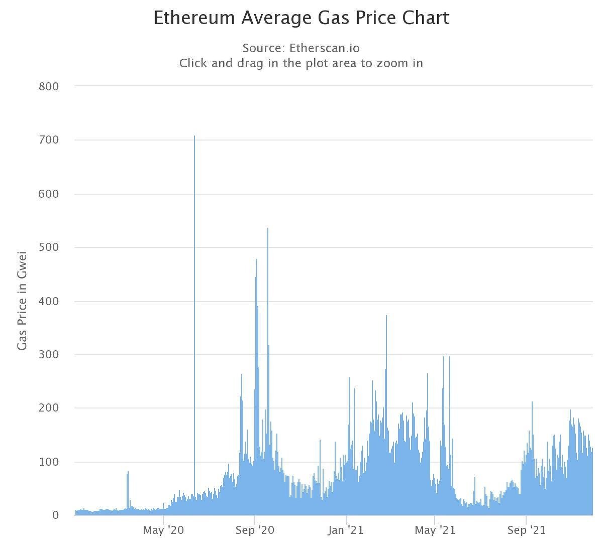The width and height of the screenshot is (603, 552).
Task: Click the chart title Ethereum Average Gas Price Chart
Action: point(301,18)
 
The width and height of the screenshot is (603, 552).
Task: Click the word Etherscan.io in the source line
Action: point(325,48)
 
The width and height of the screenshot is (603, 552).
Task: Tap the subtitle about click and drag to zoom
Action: point(301,63)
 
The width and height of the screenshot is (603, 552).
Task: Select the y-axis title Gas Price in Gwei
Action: point(22,301)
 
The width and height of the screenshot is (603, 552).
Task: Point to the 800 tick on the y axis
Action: point(48,86)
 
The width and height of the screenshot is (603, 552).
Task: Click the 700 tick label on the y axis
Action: point(48,140)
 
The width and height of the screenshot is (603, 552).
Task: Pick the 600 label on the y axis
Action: point(48,194)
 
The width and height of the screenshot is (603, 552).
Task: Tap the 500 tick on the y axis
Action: point(48,247)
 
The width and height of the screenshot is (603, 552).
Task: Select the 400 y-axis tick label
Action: point(48,301)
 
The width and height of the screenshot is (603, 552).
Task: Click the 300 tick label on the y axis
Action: point(48,355)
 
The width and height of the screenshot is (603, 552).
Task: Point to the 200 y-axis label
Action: point(48,408)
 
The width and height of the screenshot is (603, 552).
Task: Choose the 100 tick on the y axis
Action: point(48,462)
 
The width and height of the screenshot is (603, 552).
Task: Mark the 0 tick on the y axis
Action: point(55,515)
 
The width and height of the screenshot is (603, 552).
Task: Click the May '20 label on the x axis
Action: point(163,530)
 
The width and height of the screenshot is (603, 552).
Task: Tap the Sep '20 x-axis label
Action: point(255,530)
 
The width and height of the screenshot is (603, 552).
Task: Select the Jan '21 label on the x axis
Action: point(346,530)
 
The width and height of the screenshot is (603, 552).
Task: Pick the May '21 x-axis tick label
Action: point(435,530)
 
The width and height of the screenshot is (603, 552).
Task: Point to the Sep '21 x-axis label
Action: point(526,530)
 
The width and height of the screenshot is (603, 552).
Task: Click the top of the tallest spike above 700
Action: point(194,136)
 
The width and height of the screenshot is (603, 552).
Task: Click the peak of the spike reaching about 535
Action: point(268,229)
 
